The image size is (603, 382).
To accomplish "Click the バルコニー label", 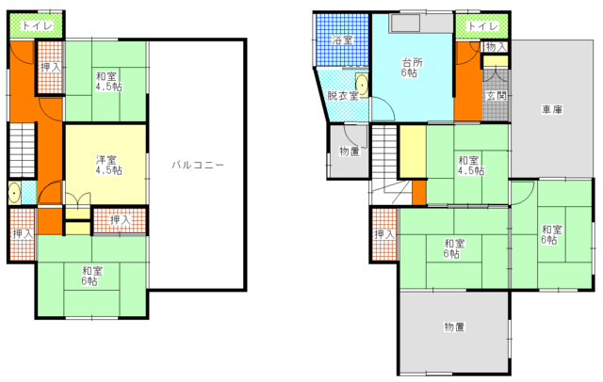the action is (198, 165).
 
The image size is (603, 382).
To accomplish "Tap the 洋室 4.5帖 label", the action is (109, 165).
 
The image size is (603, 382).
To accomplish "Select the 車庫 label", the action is (553, 110).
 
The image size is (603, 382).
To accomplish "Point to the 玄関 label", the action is (497, 96).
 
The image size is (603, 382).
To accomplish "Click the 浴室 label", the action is (342, 40).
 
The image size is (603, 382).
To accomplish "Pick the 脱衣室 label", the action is (343, 95).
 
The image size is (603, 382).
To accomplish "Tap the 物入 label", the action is (497, 47).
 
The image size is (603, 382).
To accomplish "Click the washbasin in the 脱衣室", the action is (362, 85).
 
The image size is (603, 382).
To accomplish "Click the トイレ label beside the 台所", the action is (483, 26).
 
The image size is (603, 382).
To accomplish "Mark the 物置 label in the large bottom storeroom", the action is (454, 327).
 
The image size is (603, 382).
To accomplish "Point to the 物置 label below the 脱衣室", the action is (350, 151).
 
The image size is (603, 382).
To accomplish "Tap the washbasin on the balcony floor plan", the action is (14, 193).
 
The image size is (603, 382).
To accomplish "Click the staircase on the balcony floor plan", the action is (23, 151).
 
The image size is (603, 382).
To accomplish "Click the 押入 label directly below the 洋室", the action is (121, 220).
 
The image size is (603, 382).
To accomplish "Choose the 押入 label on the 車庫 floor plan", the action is (384, 234).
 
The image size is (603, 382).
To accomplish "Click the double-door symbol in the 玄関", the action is (496, 73).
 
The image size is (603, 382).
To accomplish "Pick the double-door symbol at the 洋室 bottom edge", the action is (77, 199).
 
